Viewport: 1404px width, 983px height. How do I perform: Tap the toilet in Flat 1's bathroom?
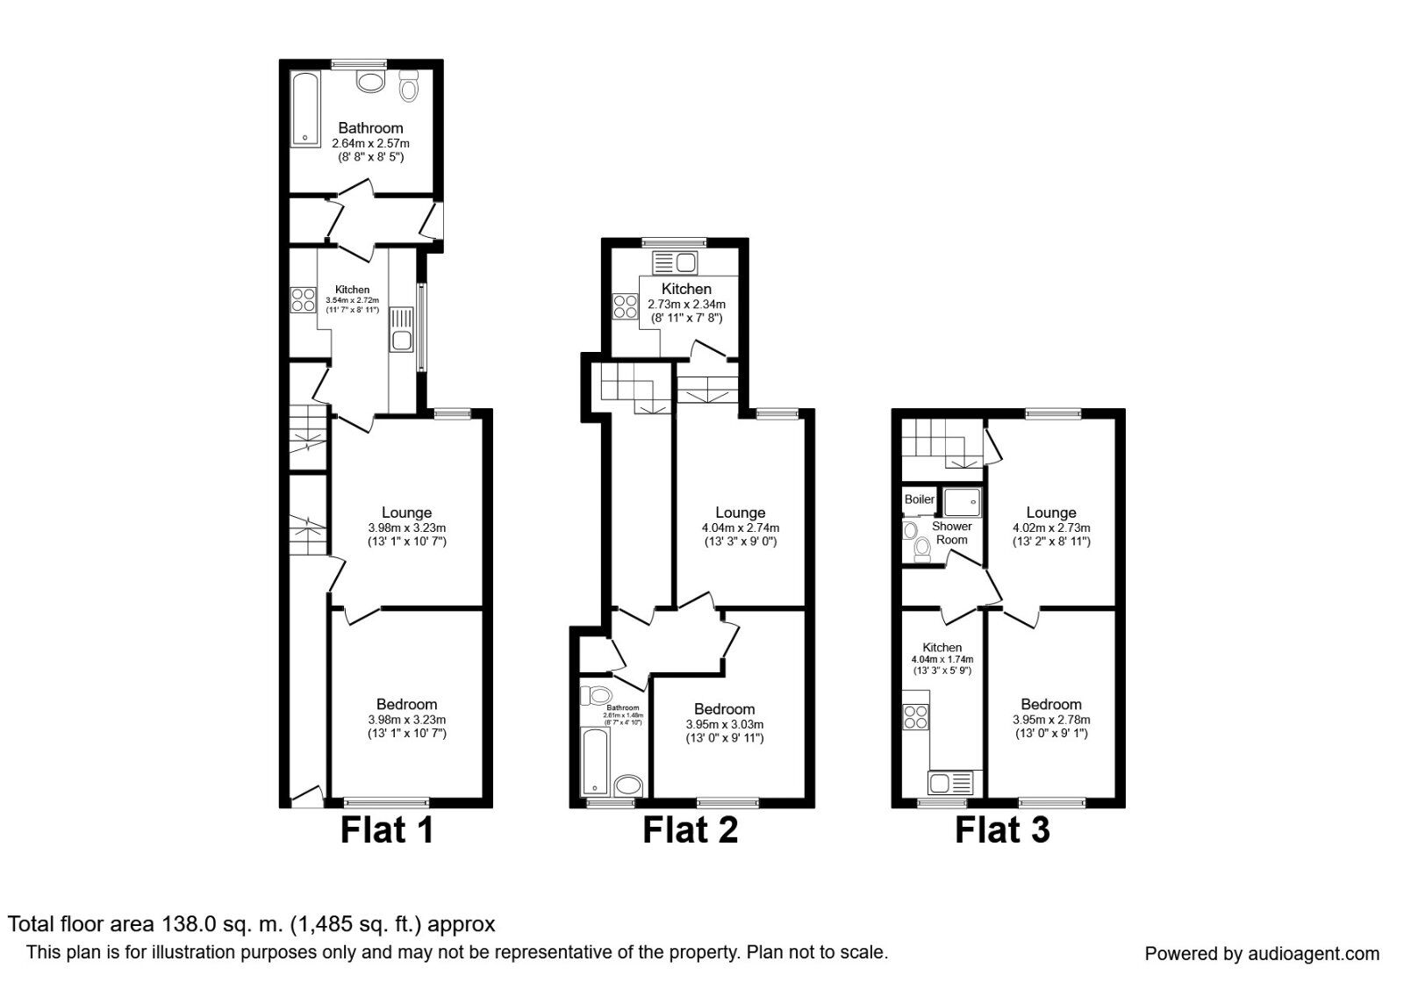409,87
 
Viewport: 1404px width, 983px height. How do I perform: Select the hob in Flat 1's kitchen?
304,300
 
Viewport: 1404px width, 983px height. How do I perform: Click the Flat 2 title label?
690,829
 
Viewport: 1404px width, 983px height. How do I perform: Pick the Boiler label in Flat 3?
920,499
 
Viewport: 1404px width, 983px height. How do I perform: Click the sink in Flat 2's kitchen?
675,262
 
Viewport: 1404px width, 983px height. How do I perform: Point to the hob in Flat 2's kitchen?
626,306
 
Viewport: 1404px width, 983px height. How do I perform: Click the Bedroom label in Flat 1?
406,704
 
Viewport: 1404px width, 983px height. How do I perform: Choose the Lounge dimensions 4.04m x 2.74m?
740,527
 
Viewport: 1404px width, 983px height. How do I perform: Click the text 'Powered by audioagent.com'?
1262,954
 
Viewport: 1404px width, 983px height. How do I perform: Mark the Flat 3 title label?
1002,829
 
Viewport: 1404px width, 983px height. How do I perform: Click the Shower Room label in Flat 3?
951,533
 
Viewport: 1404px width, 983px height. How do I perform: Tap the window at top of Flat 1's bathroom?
358,63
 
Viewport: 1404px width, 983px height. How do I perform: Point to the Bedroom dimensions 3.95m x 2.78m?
1050,719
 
